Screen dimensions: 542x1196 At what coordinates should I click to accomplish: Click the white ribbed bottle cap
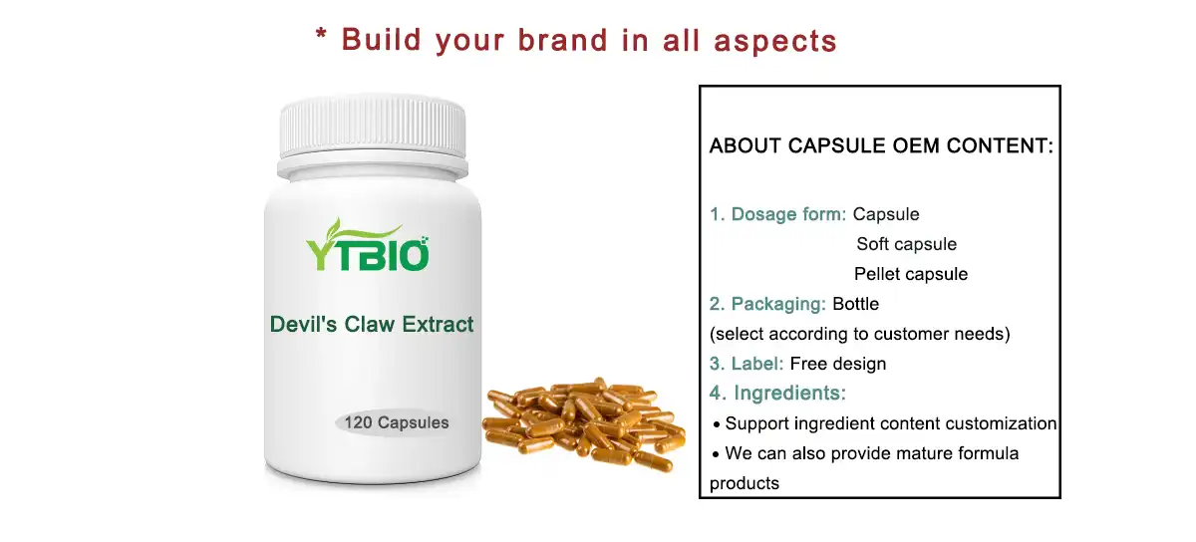coord(373,128)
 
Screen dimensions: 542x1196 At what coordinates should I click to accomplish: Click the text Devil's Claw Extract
coord(372,324)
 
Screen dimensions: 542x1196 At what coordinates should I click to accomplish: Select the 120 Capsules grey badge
coord(396,422)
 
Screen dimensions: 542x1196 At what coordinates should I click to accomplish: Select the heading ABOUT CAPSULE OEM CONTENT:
coord(881,146)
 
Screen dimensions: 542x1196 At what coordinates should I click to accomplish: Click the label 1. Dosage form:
coord(777,214)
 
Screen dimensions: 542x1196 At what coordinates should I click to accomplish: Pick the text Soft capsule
coord(906,244)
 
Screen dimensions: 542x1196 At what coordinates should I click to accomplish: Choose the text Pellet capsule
coord(910,274)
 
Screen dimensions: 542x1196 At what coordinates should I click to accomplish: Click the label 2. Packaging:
coord(767,304)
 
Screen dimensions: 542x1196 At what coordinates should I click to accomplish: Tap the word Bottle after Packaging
coord(856,304)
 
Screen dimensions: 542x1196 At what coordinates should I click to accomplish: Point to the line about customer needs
coord(859,334)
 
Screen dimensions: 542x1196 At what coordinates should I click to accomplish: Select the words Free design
coord(837,364)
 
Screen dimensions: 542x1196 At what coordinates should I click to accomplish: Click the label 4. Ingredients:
coord(777,394)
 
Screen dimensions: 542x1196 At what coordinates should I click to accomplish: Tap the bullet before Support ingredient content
coord(717,424)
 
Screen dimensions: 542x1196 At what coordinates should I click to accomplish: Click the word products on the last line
coord(744,483)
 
